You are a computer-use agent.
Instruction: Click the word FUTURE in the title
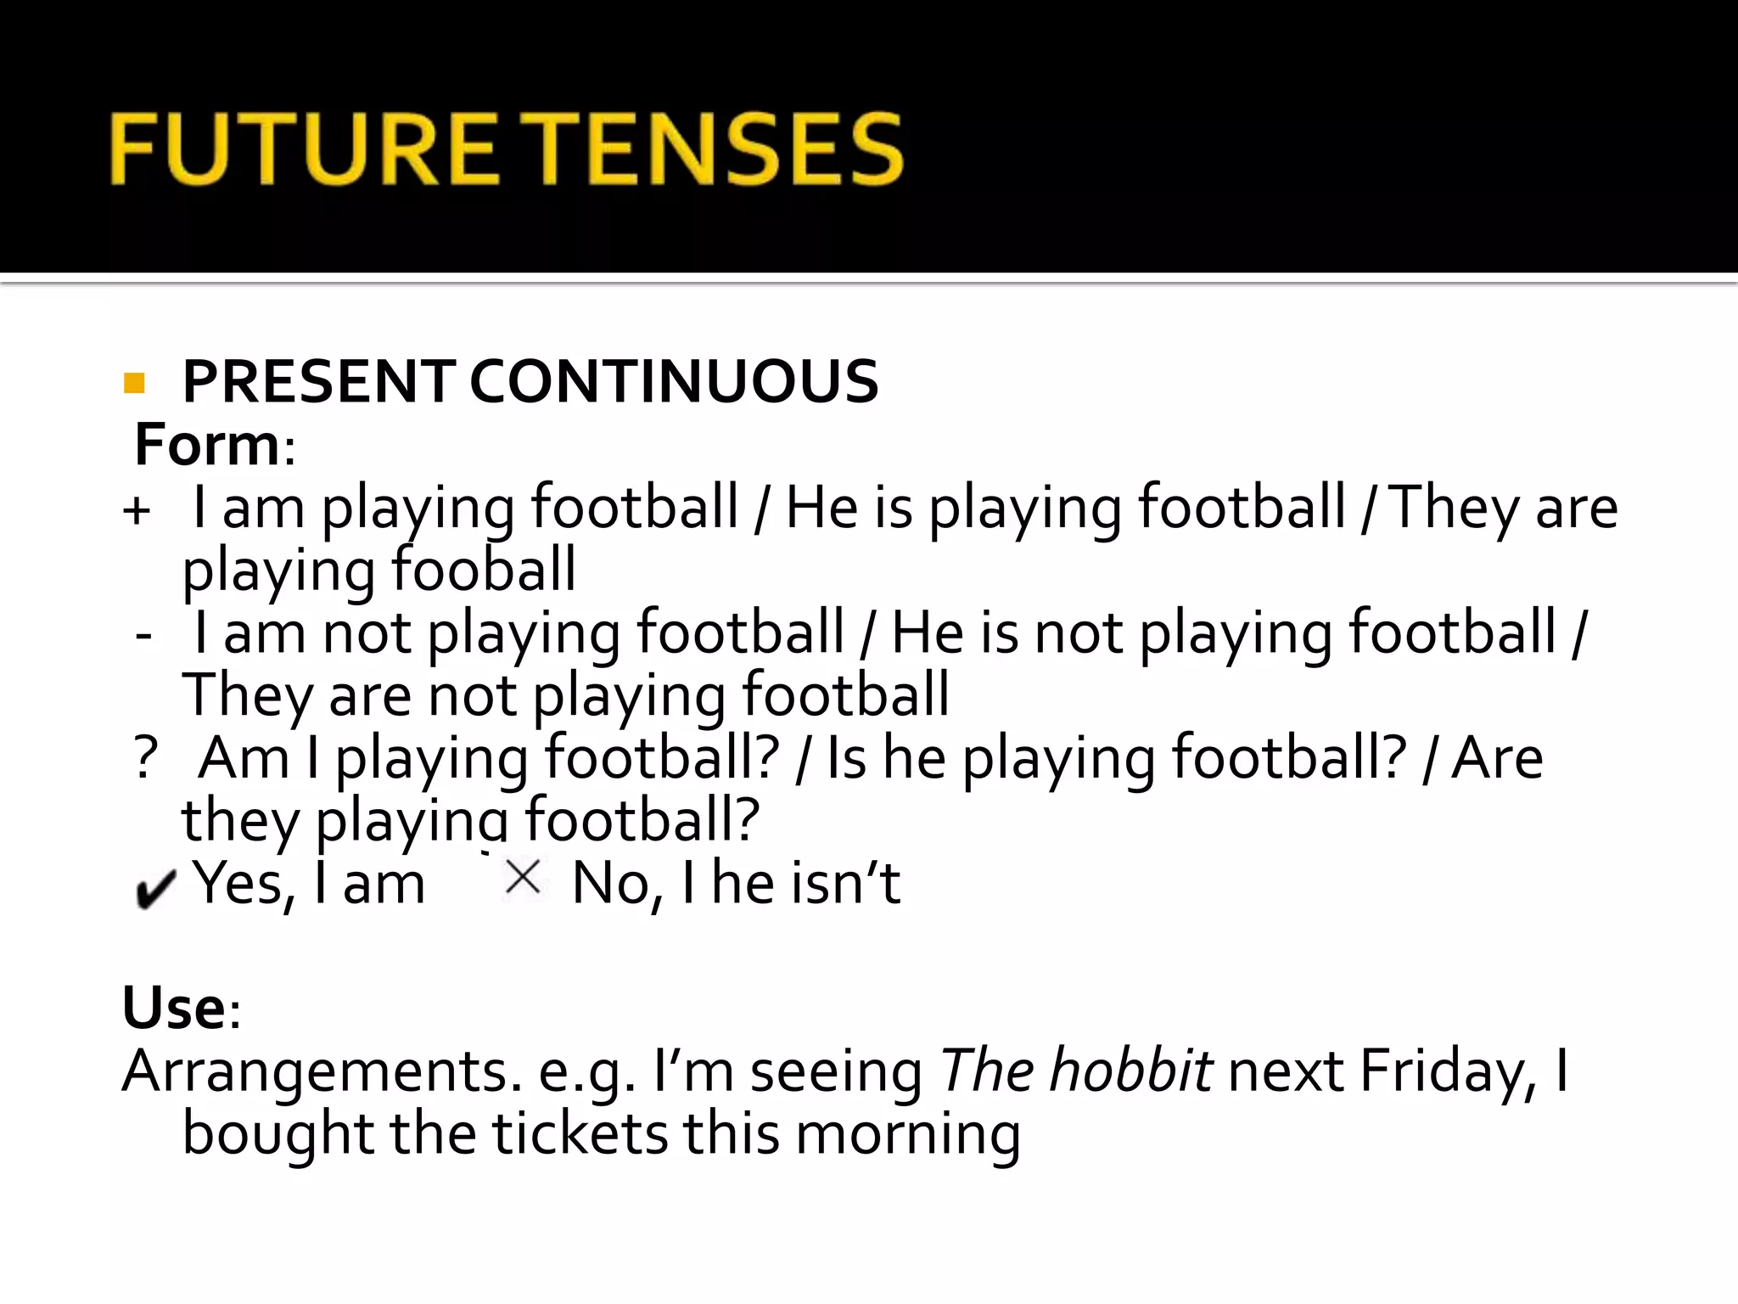pyautogui.click(x=302, y=149)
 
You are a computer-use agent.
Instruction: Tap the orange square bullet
pyautogui.click(x=134, y=383)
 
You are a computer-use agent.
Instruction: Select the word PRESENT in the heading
pyautogui.click(x=318, y=381)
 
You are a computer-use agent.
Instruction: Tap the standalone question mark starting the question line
pyautogui.click(x=146, y=758)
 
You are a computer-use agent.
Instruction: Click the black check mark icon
pyautogui.click(x=155, y=889)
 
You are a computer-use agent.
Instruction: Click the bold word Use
pyautogui.click(x=174, y=1008)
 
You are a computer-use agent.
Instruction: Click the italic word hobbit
pyautogui.click(x=1130, y=1070)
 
